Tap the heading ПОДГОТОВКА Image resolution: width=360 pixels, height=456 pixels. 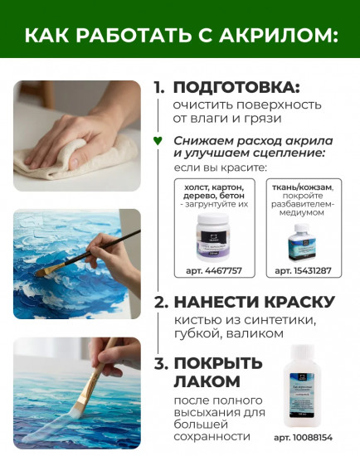point(236,87)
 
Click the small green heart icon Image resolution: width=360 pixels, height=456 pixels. point(158,140)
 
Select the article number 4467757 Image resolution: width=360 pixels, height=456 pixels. point(212,270)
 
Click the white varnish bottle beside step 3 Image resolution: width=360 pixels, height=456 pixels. point(305,389)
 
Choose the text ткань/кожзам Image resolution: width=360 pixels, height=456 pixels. point(306,187)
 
